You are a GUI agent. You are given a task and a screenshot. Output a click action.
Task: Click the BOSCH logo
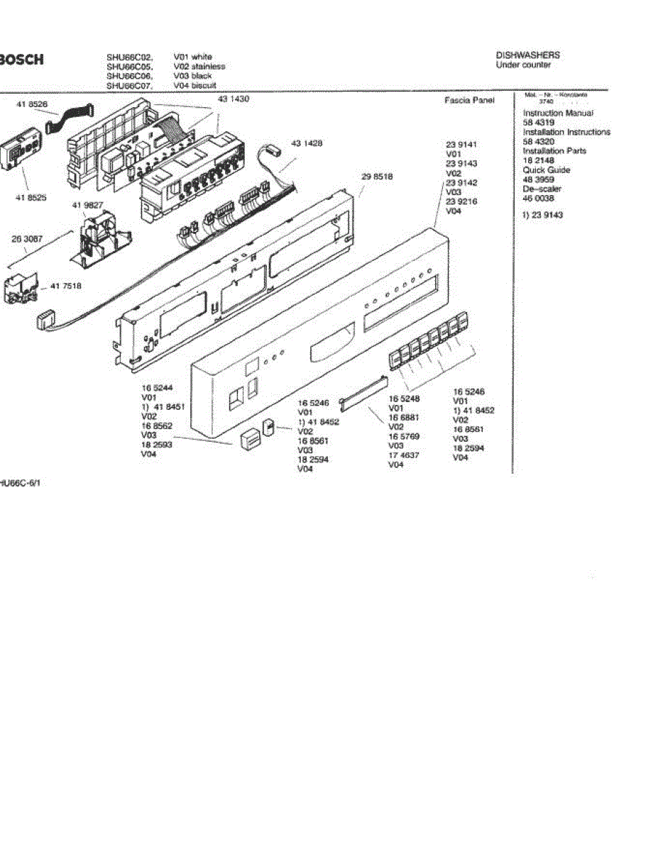(x=21, y=60)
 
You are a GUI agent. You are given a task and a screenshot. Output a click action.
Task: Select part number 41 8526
(x=32, y=104)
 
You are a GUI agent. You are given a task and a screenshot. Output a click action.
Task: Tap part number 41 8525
(x=32, y=198)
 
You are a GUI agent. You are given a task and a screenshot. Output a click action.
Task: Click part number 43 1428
(x=307, y=143)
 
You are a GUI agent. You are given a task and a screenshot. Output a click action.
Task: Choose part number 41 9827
(x=87, y=204)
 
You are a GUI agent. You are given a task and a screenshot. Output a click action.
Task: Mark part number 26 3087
(x=28, y=240)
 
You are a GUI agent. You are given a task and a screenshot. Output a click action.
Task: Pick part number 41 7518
(x=66, y=287)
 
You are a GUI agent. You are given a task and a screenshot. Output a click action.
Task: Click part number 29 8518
(x=378, y=175)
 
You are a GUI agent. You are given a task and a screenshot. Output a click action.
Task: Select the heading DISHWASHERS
(x=527, y=55)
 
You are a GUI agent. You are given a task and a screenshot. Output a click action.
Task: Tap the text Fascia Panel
(x=469, y=101)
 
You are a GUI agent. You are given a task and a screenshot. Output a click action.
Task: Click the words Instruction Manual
(x=558, y=113)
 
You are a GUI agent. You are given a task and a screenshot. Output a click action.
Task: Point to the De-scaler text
(x=542, y=189)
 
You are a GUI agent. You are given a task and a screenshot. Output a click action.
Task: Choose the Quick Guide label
(x=547, y=170)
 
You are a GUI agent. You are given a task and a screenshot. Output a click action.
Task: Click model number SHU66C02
(x=129, y=57)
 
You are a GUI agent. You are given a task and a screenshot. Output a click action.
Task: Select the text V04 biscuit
(x=194, y=85)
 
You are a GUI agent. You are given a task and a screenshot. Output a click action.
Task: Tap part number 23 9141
(x=461, y=144)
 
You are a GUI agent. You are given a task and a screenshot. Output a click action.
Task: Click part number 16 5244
(x=158, y=388)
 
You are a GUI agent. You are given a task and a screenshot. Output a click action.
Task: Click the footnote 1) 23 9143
(x=542, y=215)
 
